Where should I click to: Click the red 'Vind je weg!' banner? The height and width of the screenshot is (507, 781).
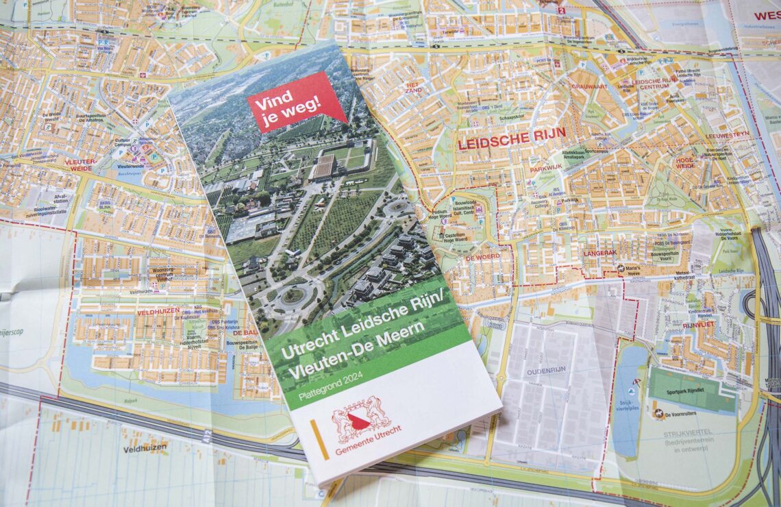pos(296,101)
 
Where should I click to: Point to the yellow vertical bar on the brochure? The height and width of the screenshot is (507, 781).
pos(319,439)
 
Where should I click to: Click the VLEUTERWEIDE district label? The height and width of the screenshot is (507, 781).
pos(81,164)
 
